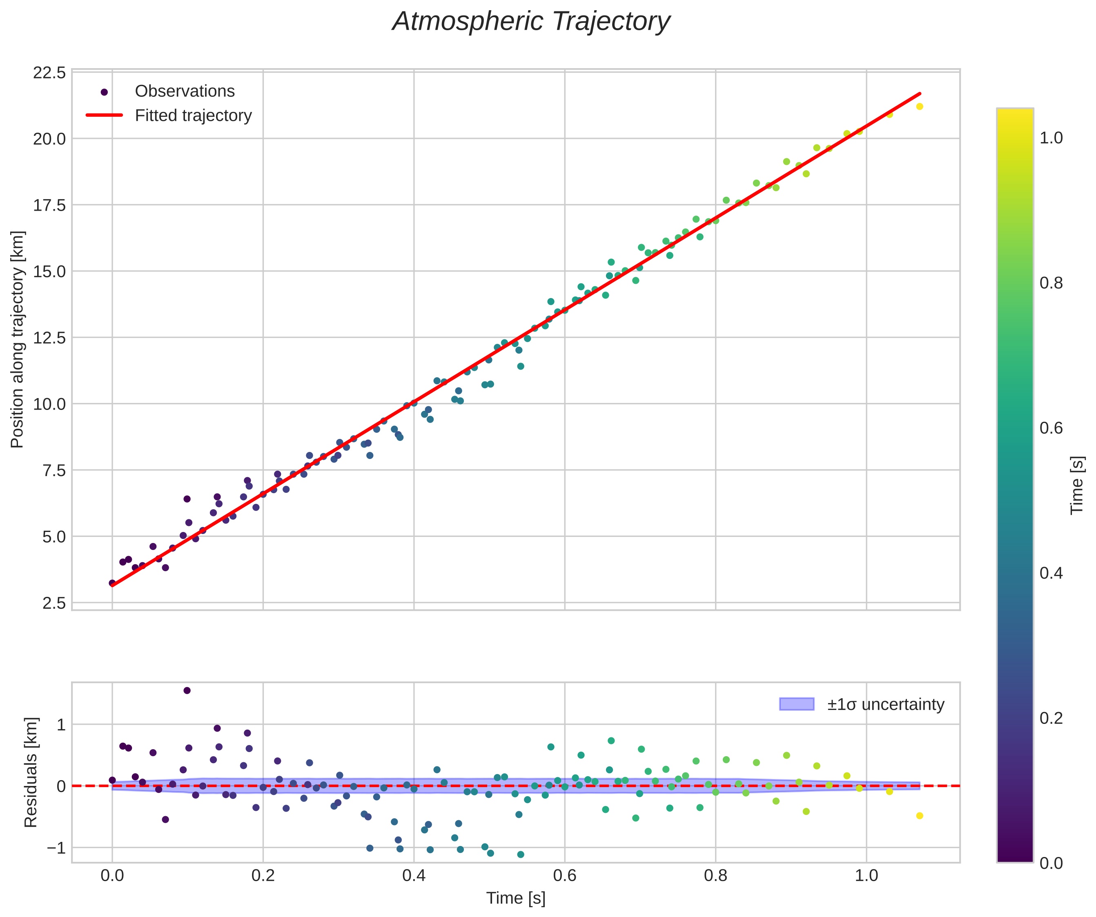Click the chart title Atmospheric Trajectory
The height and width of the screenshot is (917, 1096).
(531, 22)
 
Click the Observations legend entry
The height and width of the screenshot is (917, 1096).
(184, 91)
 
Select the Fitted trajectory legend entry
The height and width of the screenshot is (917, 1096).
(193, 116)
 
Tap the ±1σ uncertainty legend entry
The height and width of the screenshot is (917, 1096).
(885, 705)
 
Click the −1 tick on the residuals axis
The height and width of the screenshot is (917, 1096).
(56, 848)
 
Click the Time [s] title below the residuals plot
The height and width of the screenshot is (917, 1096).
(516, 899)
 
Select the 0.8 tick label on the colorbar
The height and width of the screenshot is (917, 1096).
(1051, 283)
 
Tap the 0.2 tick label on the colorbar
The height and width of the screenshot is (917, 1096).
(1051, 718)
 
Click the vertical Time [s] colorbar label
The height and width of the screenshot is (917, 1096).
(1077, 485)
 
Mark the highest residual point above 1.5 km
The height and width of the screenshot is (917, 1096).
(187, 690)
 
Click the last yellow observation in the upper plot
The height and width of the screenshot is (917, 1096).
(920, 107)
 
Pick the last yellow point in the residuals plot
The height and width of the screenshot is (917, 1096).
(920, 816)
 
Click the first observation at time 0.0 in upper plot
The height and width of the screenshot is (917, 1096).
(112, 583)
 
